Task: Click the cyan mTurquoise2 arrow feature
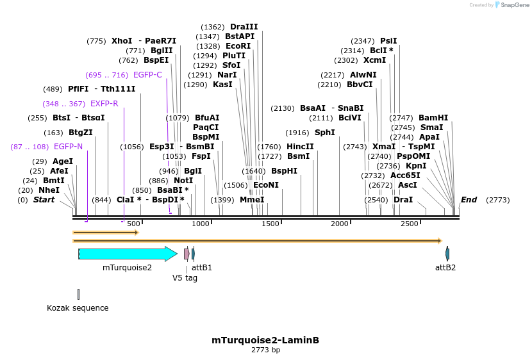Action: [127, 254]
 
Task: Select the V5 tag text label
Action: [185, 278]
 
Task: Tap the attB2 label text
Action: [445, 267]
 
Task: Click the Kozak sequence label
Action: [78, 308]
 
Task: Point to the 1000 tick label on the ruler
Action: [201, 224]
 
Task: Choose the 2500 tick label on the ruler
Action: [409, 224]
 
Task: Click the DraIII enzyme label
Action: [244, 27]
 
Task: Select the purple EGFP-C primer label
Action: [147, 75]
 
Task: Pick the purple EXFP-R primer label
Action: [104, 104]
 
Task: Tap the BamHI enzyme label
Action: [433, 118]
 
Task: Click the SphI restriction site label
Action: [324, 133]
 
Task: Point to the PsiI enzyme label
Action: [388, 41]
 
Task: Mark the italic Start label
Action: [44, 200]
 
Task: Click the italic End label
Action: [469, 200]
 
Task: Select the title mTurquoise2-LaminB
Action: [265, 340]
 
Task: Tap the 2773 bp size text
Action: [265, 350]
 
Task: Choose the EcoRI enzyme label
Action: [238, 46]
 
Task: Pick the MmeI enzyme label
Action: [252, 200]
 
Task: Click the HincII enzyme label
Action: [300, 147]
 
